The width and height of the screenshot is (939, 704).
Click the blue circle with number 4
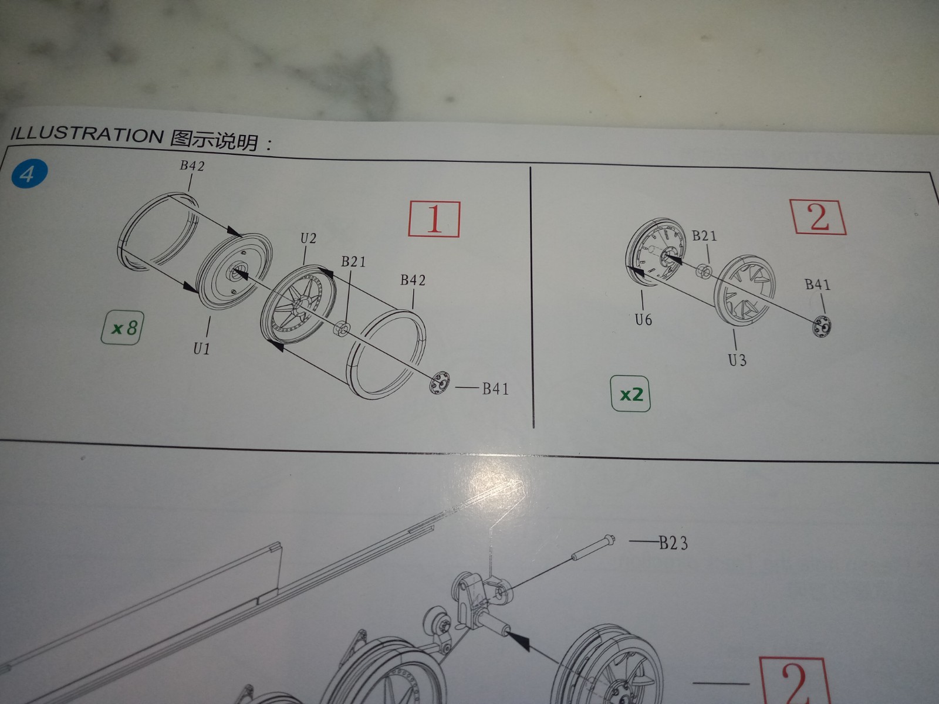click(x=29, y=174)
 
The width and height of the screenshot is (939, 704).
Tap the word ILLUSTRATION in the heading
click(x=86, y=134)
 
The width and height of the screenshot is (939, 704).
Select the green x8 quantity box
click(x=122, y=328)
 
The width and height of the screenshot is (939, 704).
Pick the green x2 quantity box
click(x=630, y=394)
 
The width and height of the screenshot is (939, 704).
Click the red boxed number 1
click(x=434, y=219)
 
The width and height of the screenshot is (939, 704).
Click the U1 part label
click(x=201, y=349)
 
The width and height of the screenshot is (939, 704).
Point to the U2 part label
click(x=308, y=238)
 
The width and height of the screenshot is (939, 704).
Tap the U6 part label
click(x=643, y=319)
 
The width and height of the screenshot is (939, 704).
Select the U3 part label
click(x=738, y=360)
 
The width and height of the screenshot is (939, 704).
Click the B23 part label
click(x=673, y=543)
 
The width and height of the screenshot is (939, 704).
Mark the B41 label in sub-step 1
click(x=495, y=389)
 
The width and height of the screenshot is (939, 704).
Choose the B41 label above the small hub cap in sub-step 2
click(x=818, y=285)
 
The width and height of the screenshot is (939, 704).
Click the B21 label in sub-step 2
click(x=704, y=235)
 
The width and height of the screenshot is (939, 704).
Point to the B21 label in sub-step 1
click(x=353, y=262)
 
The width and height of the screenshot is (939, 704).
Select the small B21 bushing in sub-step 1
click(x=342, y=329)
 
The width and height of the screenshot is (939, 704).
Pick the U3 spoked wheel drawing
click(x=744, y=290)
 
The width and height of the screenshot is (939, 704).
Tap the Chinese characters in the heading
click(x=214, y=140)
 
